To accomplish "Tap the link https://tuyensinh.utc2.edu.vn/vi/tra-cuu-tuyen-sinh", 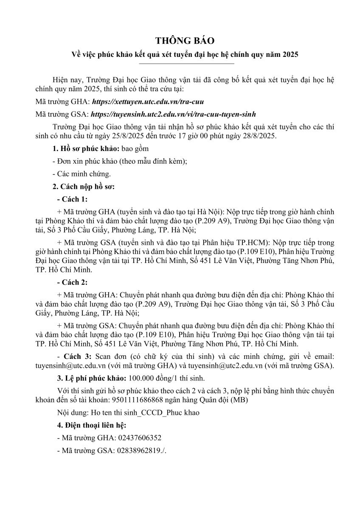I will coord(174,115).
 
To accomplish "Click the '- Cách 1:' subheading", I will coord(72,199).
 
